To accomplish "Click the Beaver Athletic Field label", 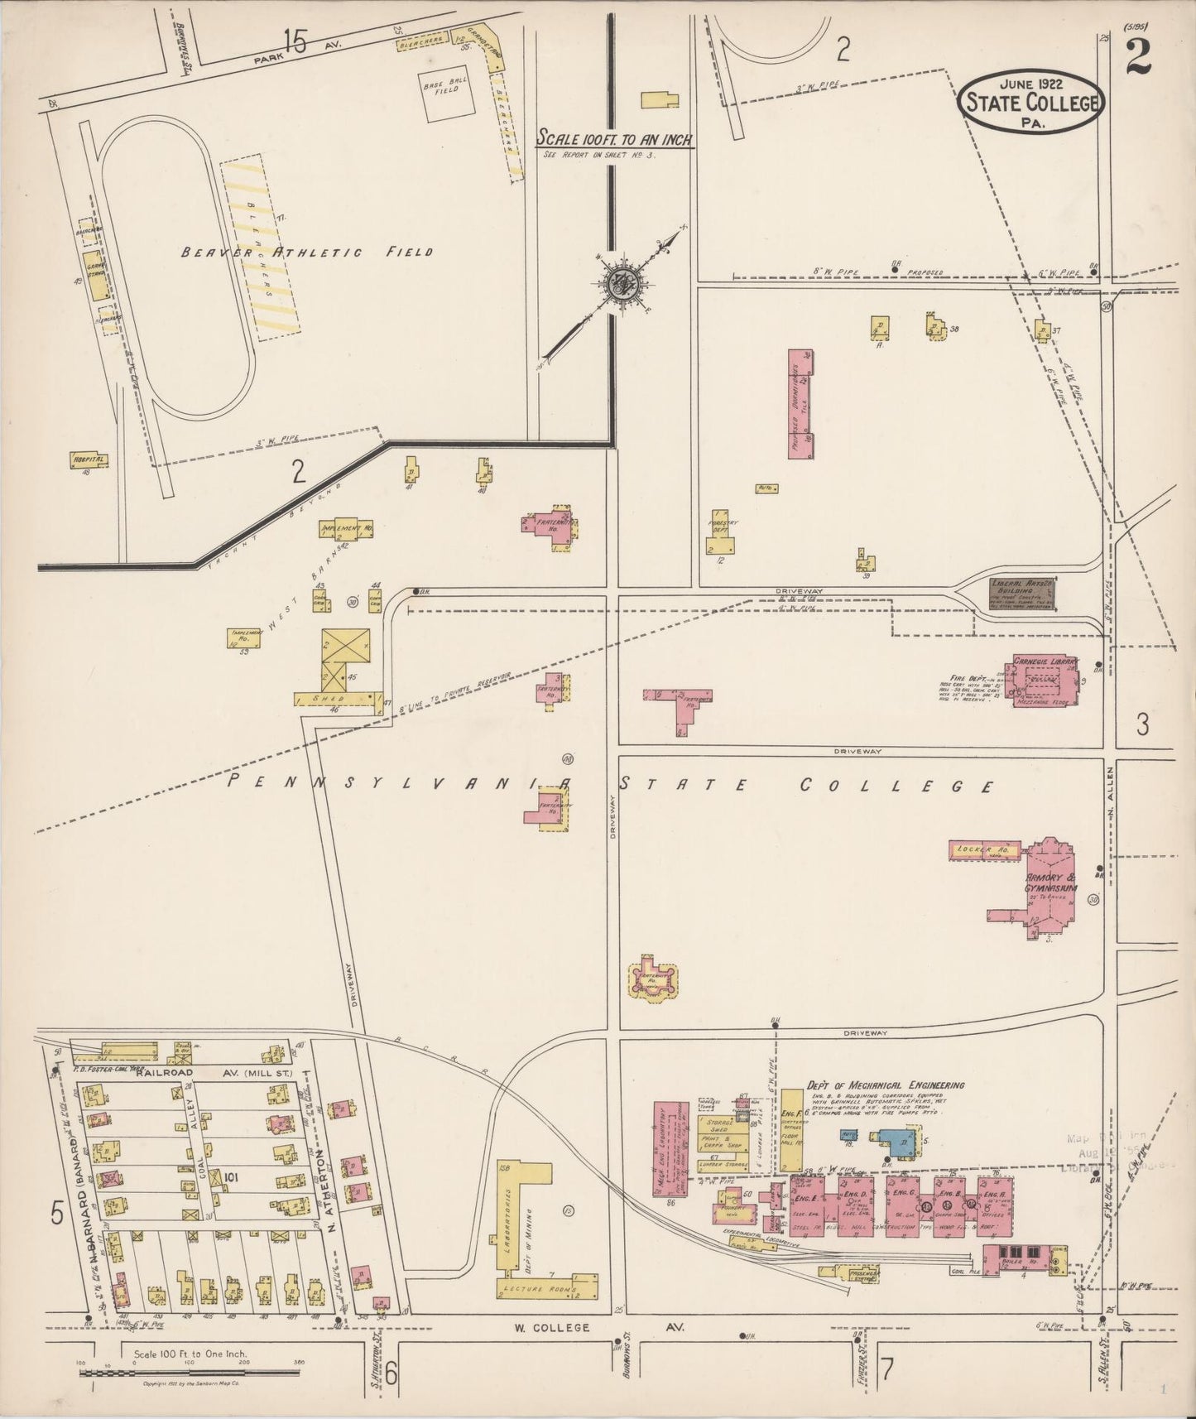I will coord(306,252).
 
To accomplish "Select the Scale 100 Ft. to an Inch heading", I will coord(614,138).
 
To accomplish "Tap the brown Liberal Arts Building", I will coord(1022,593).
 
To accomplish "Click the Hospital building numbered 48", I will coord(89,459).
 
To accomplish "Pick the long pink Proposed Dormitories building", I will coord(800,403).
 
